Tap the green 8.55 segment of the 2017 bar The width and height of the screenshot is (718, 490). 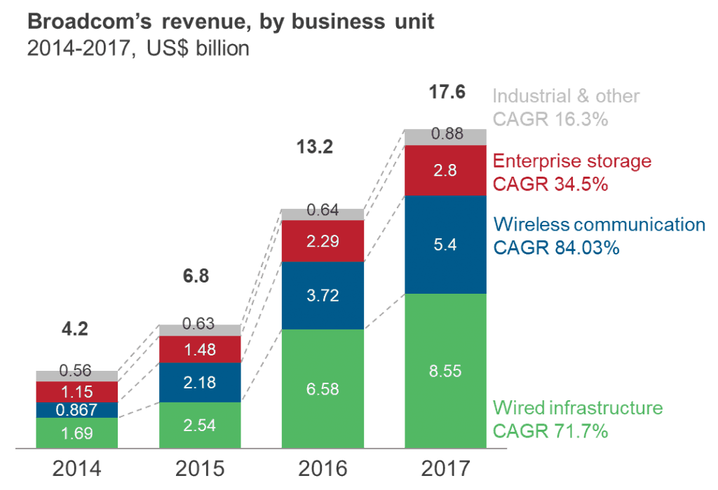[445, 371]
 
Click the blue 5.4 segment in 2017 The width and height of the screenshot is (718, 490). [445, 245]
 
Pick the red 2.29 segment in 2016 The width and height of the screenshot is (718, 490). [323, 241]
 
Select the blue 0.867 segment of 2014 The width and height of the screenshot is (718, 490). [76, 409]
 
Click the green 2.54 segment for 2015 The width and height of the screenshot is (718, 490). [200, 425]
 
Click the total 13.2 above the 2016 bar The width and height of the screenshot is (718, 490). [313, 147]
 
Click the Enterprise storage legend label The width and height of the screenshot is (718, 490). [572, 162]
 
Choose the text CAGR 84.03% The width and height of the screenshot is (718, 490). [557, 247]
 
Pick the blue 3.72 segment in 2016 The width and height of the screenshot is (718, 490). [323, 295]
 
